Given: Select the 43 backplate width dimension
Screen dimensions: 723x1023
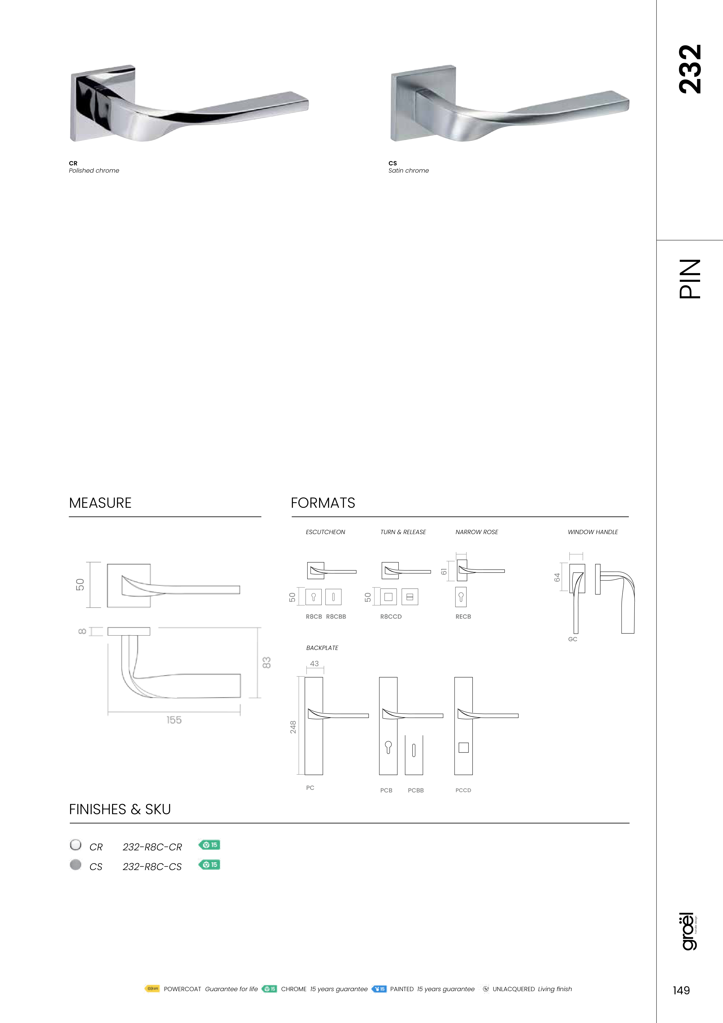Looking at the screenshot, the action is point(314,664).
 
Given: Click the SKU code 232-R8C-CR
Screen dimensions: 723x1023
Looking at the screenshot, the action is point(152,847).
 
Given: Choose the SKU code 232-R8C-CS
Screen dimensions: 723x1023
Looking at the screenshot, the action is point(152,867).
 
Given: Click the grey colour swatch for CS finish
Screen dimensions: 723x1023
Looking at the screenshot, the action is point(76,864).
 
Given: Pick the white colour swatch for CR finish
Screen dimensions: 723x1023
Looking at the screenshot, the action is point(76,845).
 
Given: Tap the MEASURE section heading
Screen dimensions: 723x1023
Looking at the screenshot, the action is point(100,503).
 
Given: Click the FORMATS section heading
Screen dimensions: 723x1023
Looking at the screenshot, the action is point(323,503).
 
